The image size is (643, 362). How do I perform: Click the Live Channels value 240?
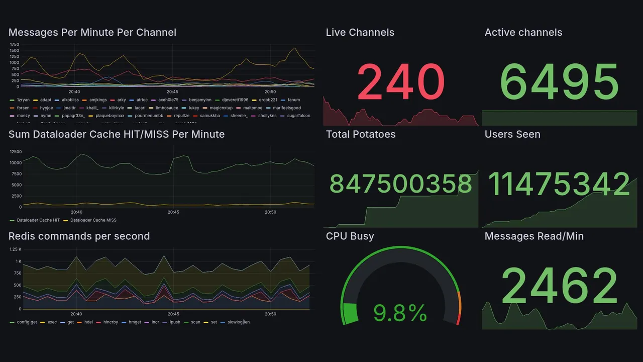point(401,82)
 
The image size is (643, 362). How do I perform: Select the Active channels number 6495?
point(560,82)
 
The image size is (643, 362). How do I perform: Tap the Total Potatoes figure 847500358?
point(401,184)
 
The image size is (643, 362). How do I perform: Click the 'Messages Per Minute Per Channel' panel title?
point(92,33)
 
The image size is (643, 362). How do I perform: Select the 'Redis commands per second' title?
point(79,236)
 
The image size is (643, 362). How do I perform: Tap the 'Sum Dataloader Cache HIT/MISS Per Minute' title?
point(117,134)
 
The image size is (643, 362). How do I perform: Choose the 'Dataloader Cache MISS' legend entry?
point(93,220)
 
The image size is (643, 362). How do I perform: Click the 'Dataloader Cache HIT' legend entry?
point(38,220)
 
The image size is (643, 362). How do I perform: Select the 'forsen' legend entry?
point(23,108)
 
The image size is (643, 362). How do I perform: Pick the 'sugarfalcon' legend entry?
point(298,116)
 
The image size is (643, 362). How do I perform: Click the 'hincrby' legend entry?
point(109,322)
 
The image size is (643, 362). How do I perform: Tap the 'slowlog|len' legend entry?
point(239,322)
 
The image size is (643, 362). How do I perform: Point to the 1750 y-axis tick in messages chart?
point(14,44)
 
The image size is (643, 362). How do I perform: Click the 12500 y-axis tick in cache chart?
point(16,152)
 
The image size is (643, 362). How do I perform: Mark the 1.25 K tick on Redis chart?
point(16,249)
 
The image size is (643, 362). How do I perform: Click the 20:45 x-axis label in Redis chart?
point(173,314)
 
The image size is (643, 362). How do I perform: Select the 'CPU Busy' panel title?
point(350,236)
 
